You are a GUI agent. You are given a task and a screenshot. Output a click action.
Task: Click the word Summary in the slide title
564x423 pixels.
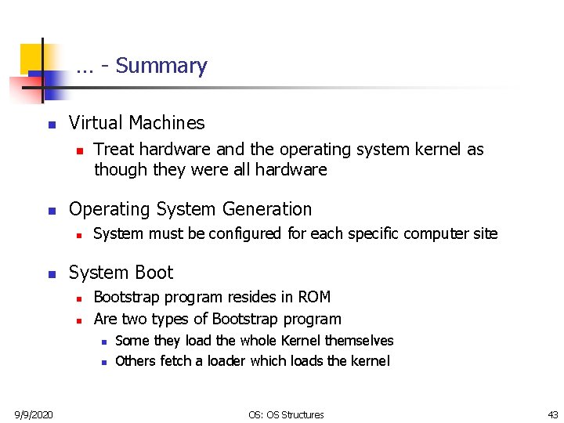(161, 66)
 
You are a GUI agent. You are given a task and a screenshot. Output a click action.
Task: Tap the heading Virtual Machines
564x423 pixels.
(136, 123)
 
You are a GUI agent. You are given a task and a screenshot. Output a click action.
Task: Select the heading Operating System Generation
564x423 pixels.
(190, 209)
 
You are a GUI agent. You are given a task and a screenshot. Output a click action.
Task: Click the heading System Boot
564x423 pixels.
(121, 273)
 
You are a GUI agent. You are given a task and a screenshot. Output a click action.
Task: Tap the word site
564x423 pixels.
(484, 233)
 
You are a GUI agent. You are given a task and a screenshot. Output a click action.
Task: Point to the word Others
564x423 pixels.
(136, 360)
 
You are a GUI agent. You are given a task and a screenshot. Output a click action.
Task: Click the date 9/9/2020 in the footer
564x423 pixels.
(33, 414)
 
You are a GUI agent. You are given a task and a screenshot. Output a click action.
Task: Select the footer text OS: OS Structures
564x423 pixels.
(286, 414)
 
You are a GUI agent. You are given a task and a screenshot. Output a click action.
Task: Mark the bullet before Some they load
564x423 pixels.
(103, 342)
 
